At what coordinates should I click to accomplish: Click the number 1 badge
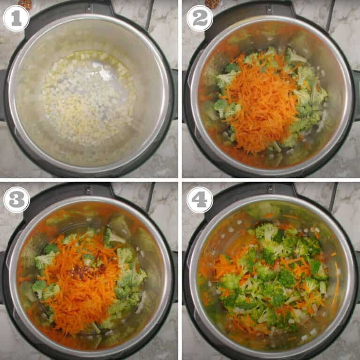pos(16,18)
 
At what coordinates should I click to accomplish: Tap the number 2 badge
pos(200,18)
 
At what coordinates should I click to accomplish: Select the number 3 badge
pos(16,200)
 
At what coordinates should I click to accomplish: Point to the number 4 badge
pos(200,200)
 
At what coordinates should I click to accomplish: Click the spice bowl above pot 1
pos(25,4)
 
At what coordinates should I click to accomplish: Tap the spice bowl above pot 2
pos(212,4)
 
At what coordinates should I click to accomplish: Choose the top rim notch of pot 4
pos(270,190)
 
